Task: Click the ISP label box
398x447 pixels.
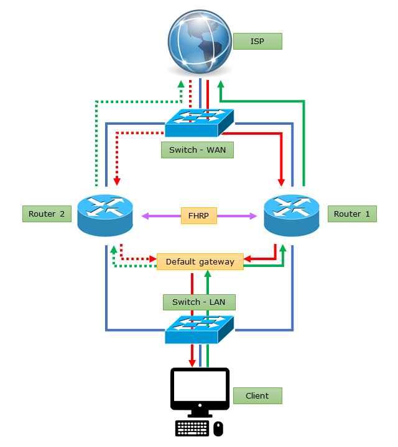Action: pos(257,42)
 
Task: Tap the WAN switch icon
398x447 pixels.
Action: pos(200,122)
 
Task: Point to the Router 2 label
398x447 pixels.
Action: pos(47,214)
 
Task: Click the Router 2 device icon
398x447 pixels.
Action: pos(105,214)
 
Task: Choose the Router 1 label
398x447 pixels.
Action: pos(352,214)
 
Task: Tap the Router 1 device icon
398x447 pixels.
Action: pos(292,214)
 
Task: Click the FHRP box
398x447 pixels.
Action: pos(199,215)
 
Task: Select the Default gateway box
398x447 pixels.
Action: pos(200,261)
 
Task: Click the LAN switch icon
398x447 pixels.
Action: pos(200,329)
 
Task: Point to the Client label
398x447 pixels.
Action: pos(257,395)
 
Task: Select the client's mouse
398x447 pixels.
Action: pos(218,428)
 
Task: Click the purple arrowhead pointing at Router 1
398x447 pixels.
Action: pos(253,216)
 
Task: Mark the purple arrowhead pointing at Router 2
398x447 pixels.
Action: pos(145,216)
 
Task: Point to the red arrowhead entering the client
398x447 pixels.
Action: pos(192,363)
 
